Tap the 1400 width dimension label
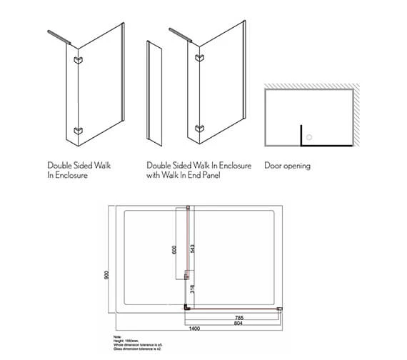[x=194, y=328]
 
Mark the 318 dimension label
[x=193, y=290]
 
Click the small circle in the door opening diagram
[x=309, y=132]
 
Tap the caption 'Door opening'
[x=287, y=166]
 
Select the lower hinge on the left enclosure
[x=78, y=131]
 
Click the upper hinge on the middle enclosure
[x=198, y=61]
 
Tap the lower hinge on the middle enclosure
[x=198, y=131]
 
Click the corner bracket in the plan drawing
[x=187, y=307]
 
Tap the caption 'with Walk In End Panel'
[x=183, y=175]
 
